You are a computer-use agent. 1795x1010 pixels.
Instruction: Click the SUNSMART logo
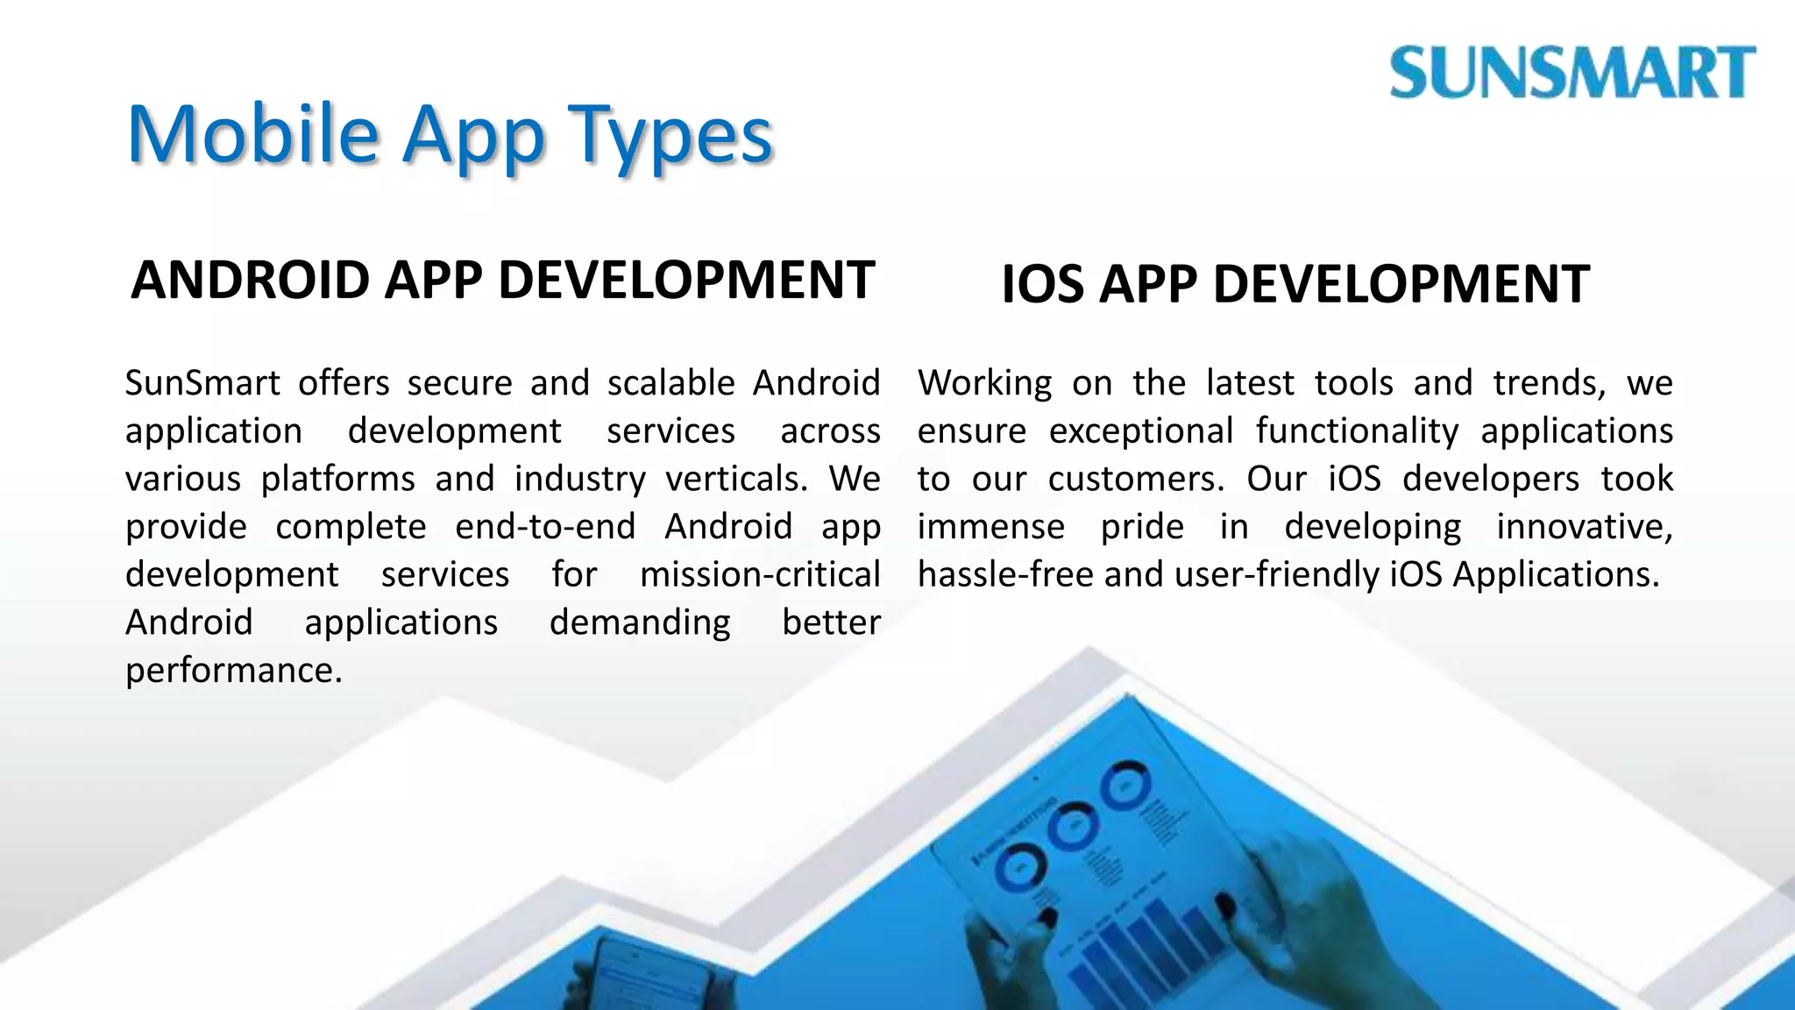pos(1572,73)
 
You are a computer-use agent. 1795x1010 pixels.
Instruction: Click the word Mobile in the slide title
pos(253,135)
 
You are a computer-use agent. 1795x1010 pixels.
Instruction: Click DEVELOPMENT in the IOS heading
pos(1401,285)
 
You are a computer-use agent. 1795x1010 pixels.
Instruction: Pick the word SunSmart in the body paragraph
pos(202,383)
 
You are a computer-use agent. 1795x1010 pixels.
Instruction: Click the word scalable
pos(671,383)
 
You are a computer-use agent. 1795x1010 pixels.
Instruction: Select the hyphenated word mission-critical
pos(760,575)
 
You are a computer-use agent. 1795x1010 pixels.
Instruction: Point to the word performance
pos(233,671)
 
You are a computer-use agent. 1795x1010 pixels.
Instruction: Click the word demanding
pos(640,622)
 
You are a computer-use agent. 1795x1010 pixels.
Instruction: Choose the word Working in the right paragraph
pos(985,383)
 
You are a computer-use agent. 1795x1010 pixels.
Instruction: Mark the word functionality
pos(1357,431)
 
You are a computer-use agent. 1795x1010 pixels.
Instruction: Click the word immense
pos(991,527)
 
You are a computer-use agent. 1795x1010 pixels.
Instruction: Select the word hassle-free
pos(1005,575)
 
